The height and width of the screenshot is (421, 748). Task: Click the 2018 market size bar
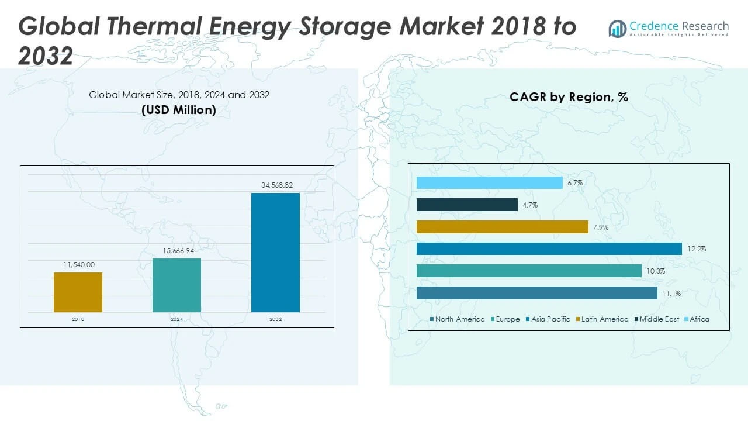[78, 292]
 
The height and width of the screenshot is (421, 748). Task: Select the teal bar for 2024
[176, 285]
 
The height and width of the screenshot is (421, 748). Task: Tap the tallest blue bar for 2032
[275, 252]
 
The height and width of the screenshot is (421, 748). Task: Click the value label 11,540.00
[79, 265]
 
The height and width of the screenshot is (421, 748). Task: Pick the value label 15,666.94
[178, 251]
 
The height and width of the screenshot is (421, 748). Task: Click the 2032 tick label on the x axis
[275, 320]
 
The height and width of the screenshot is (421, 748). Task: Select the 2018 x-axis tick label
[78, 320]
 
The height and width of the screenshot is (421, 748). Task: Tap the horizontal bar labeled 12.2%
[549, 249]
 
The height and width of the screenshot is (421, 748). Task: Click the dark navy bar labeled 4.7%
[467, 205]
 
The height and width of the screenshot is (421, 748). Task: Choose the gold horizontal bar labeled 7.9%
[502, 227]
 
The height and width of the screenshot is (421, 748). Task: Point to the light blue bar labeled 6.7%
[489, 183]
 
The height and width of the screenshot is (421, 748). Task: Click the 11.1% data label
[671, 294]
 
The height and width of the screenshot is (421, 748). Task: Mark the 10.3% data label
[656, 271]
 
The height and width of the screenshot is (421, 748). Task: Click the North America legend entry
[458, 319]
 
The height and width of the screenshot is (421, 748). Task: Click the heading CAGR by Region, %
[569, 97]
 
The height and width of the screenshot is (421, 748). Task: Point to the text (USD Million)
[179, 109]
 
